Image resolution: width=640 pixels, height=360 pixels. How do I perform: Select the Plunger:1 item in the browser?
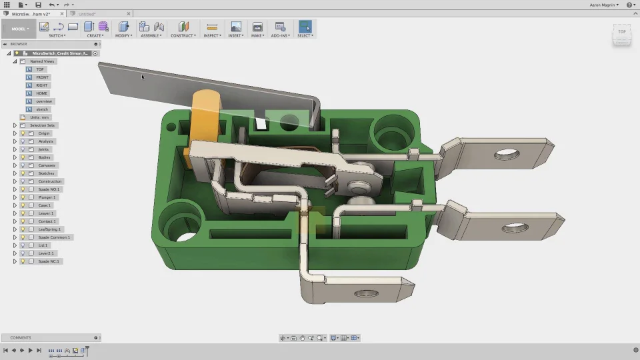[47, 197]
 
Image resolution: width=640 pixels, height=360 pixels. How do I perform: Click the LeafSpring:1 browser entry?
[49, 229]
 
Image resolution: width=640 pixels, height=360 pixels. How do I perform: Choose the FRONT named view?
[42, 77]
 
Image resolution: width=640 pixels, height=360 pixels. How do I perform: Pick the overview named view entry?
[43, 101]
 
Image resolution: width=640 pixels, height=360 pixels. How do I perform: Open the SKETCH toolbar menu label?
[57, 35]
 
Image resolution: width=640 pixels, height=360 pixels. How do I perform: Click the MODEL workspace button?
[19, 29]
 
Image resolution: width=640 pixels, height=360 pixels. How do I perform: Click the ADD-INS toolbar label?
[280, 35]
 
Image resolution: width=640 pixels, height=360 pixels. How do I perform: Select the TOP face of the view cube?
[621, 32]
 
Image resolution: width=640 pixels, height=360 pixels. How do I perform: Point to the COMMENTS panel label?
[20, 338]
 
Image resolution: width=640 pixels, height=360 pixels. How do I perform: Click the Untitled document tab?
[87, 13]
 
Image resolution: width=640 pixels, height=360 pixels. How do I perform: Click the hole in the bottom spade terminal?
[366, 293]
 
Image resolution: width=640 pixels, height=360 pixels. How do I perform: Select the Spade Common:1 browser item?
[54, 237]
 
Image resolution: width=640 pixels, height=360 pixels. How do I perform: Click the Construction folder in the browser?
[49, 181]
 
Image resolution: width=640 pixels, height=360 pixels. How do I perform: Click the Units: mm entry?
[40, 117]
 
